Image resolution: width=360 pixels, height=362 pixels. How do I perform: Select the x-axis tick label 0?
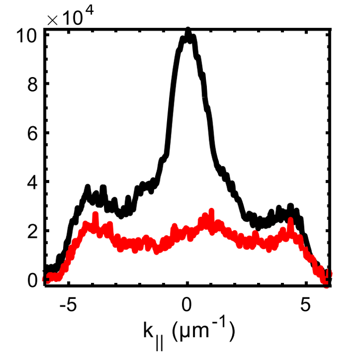pyautogui.click(x=188, y=304)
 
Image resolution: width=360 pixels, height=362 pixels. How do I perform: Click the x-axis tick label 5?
pyautogui.click(x=306, y=304)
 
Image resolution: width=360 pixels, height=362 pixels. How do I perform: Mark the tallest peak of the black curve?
pyautogui.click(x=188, y=32)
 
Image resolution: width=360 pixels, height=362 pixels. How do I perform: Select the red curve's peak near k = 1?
pyautogui.click(x=211, y=212)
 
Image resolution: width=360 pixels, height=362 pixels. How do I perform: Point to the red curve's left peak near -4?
pyautogui.click(x=95, y=215)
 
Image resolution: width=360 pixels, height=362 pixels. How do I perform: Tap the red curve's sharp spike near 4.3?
pyautogui.click(x=290, y=221)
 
